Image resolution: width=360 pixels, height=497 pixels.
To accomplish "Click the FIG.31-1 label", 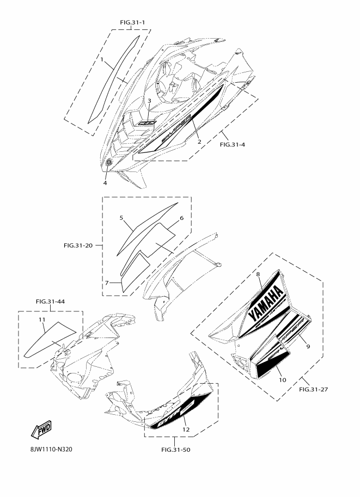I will (132, 22).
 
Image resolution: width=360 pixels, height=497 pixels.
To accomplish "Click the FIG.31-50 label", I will (176, 450).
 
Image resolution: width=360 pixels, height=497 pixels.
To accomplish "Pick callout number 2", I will (199, 142).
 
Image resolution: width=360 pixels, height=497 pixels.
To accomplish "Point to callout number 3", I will (149, 101).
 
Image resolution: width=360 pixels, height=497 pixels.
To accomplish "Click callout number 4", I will (105, 182).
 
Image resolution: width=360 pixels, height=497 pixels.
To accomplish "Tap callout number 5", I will (122, 217).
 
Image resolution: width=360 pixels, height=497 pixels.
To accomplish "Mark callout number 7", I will (107, 283).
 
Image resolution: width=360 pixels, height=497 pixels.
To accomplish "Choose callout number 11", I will (41, 318).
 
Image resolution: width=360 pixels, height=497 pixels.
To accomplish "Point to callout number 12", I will (186, 429).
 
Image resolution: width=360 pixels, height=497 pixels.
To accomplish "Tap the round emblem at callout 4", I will (109, 163).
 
